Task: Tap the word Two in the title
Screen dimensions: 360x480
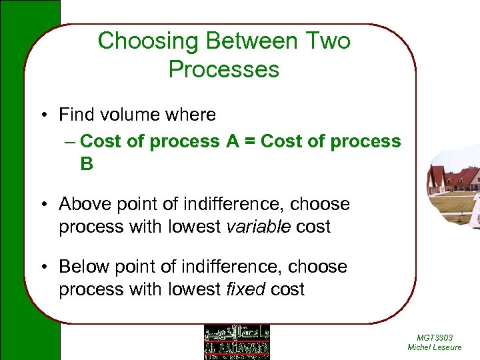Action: [326, 41]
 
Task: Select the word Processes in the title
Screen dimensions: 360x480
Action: [224, 69]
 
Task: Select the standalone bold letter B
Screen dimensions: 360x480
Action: [87, 164]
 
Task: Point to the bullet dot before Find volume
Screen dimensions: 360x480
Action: [42, 115]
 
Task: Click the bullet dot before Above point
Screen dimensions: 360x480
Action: [42, 204]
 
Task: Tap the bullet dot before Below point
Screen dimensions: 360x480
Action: [42, 267]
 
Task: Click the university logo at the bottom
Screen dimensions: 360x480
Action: [236, 342]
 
